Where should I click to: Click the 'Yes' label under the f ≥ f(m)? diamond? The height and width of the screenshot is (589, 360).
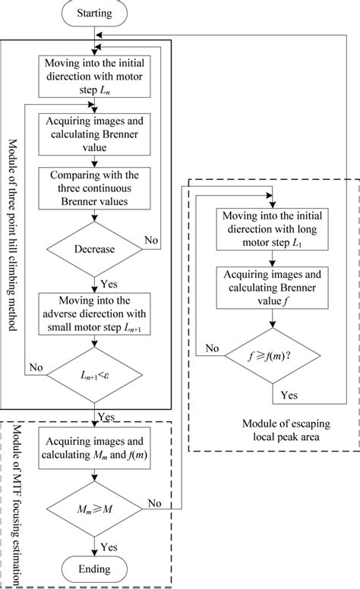(289, 394)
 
